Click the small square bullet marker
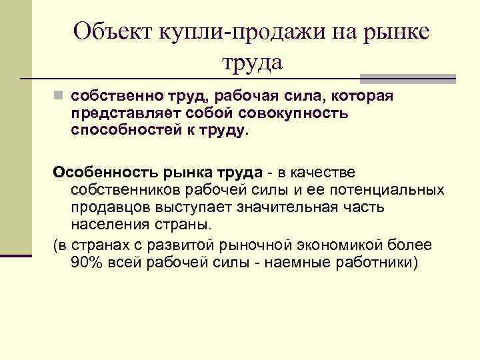(x=59, y=97)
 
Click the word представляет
(x=125, y=113)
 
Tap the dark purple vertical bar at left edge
(x=15, y=255)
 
